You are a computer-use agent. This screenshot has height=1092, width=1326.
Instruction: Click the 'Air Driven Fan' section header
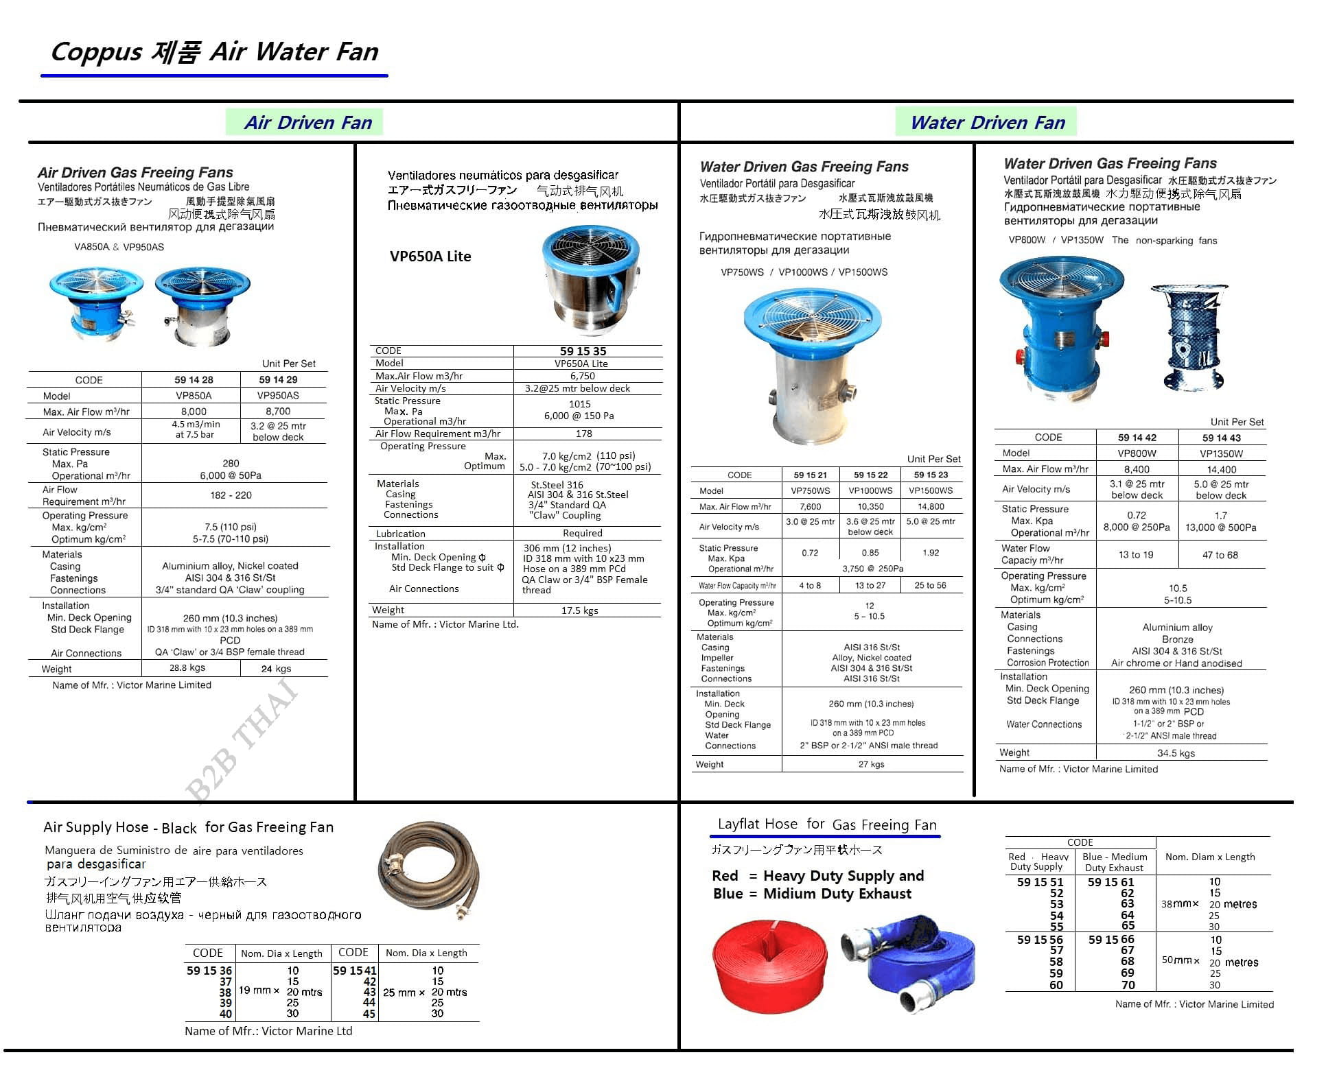[x=308, y=123]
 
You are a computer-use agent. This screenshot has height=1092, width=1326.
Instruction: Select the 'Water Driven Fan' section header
[x=987, y=123]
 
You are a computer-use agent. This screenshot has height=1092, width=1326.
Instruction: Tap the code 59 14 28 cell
[x=194, y=380]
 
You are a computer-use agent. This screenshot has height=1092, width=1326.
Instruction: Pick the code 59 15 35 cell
[x=583, y=351]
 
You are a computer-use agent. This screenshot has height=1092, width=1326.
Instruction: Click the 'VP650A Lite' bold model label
[x=430, y=257]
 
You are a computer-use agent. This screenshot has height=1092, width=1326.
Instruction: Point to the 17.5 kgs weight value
[x=579, y=610]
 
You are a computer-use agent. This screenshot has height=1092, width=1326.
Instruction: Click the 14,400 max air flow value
[x=1221, y=470]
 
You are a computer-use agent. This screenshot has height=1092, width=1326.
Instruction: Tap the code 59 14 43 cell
[x=1221, y=438]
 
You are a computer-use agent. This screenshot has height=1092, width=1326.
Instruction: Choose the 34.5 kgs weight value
[x=1176, y=753]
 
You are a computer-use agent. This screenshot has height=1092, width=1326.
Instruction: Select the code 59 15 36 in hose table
[x=209, y=971]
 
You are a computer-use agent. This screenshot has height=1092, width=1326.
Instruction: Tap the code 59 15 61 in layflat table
[x=1110, y=882]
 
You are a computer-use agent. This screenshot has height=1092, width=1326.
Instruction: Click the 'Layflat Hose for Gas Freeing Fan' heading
[x=826, y=824]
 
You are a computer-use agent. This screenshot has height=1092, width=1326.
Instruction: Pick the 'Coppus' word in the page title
[x=96, y=52]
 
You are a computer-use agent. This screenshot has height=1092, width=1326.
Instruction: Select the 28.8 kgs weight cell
[x=187, y=668]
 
